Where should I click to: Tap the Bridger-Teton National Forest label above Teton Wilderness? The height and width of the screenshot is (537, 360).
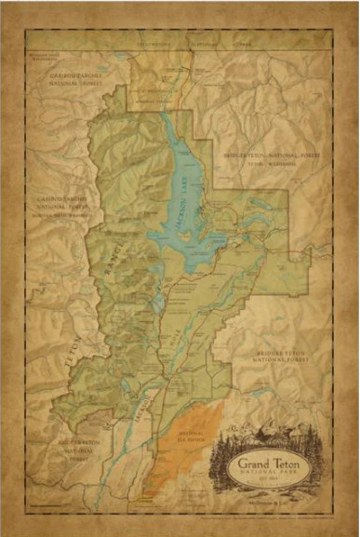point(264,150)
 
